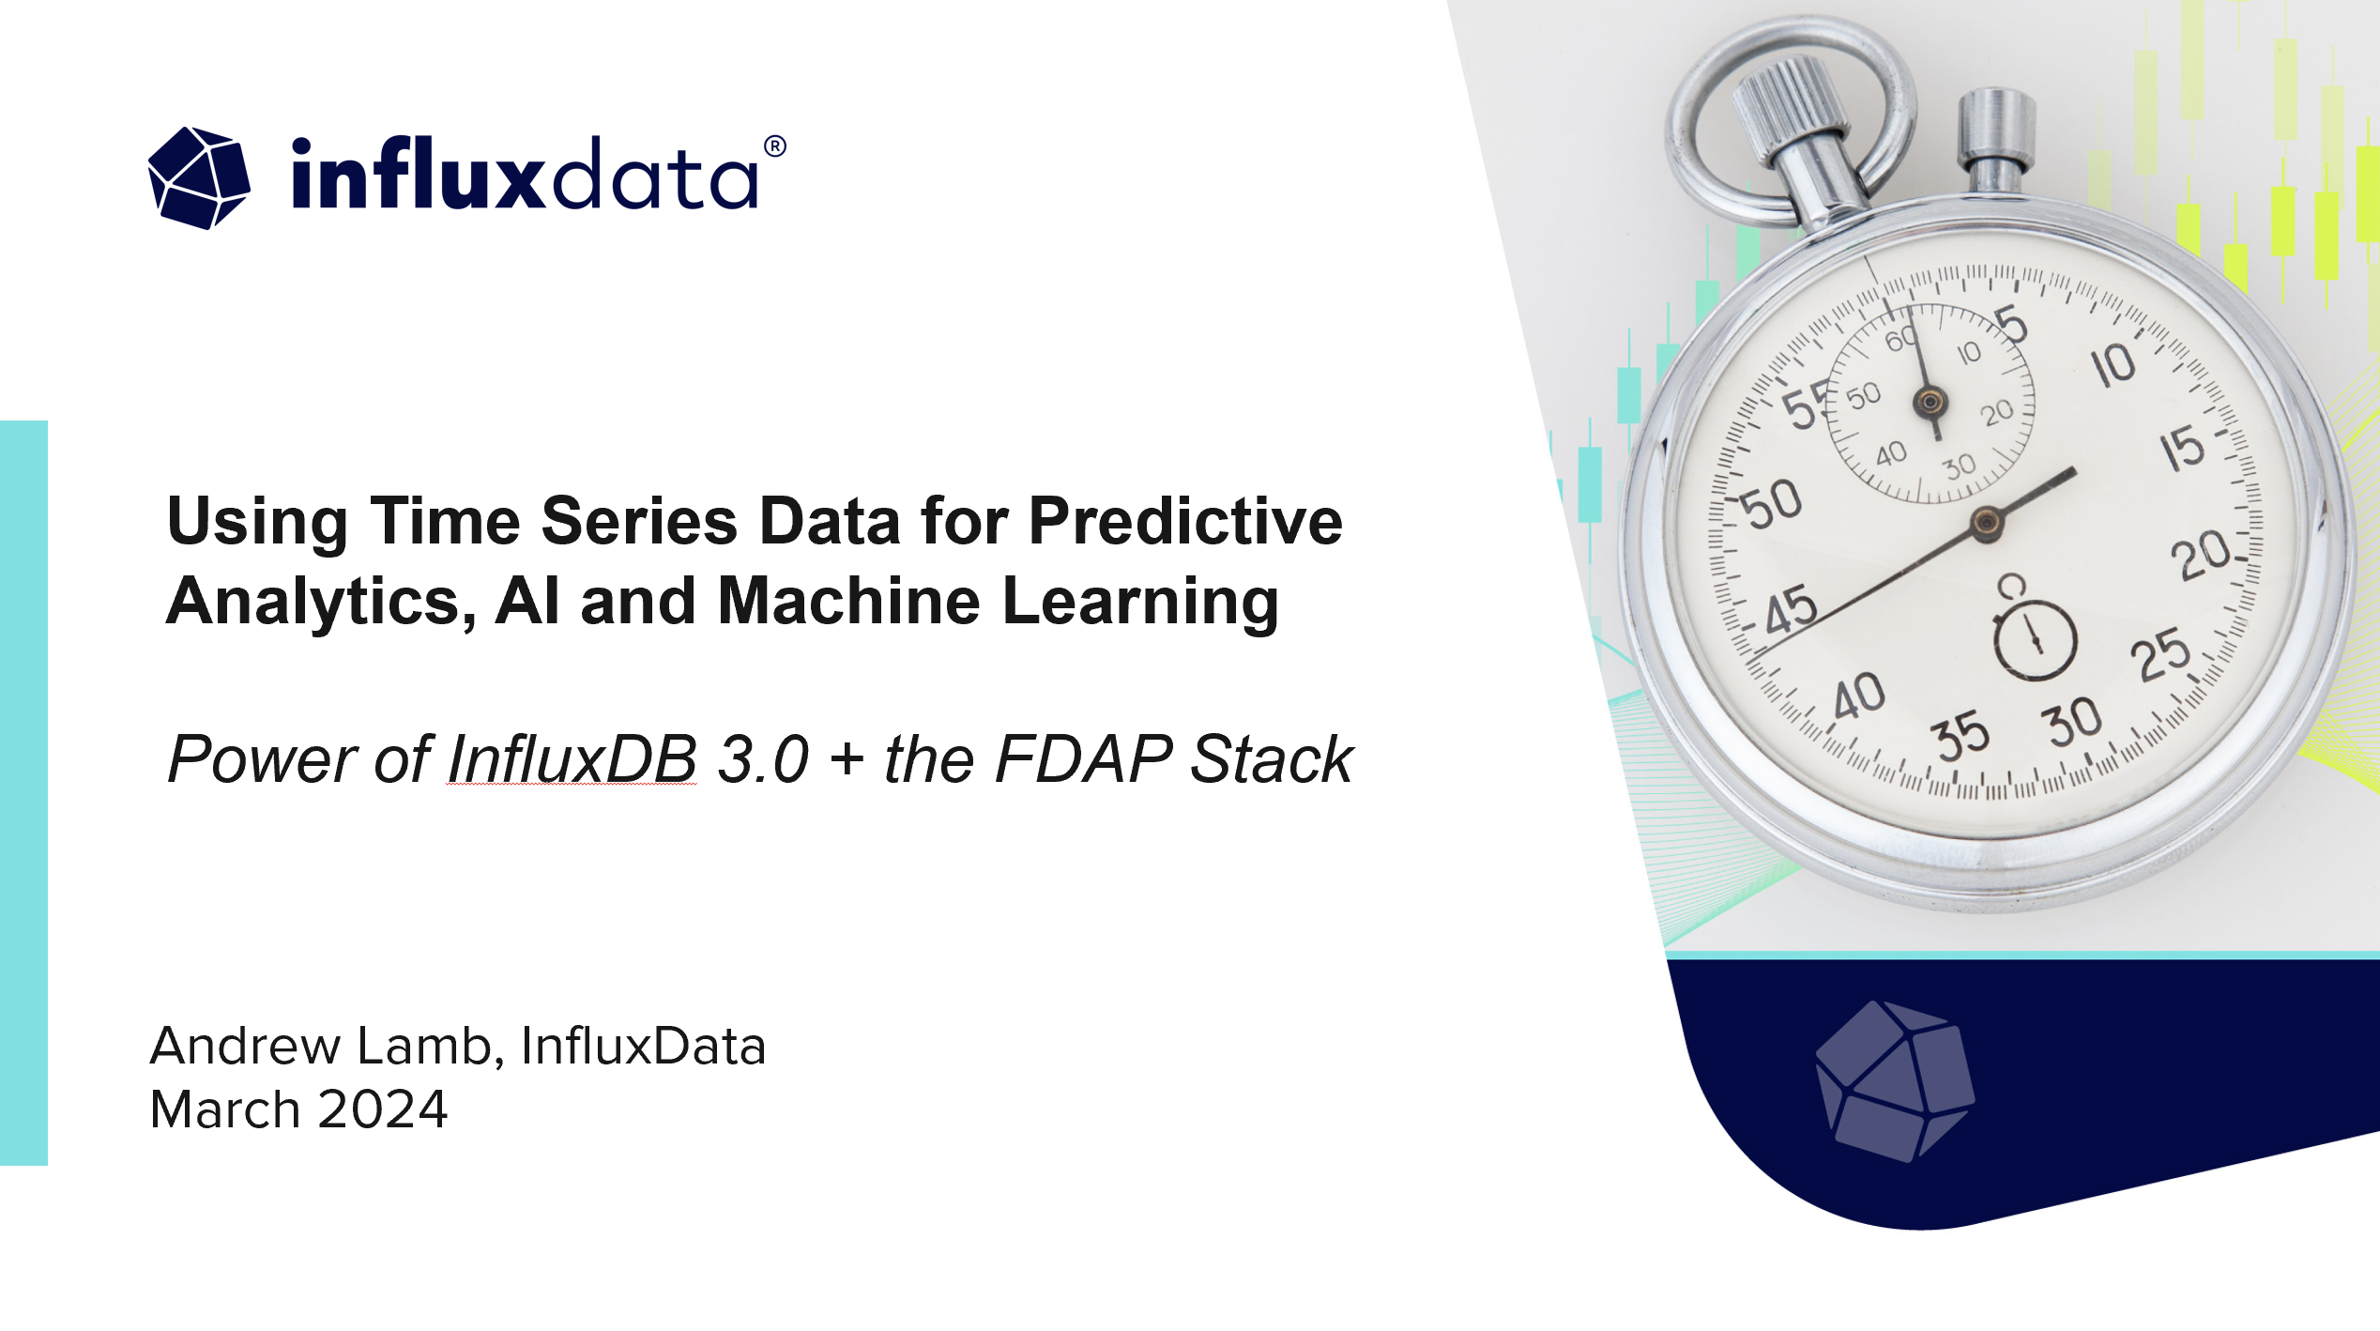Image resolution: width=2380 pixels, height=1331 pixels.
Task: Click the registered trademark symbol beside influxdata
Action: [774, 146]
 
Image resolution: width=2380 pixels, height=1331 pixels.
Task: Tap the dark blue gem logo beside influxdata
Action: [199, 177]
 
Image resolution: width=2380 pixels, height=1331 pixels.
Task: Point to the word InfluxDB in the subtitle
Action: [572, 758]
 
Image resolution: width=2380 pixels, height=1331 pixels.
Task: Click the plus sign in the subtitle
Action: [847, 759]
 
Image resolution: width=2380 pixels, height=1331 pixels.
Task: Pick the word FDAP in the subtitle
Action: [1083, 758]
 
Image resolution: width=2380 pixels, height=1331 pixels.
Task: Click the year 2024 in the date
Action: [383, 1109]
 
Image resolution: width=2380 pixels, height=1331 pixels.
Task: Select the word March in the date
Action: [225, 1109]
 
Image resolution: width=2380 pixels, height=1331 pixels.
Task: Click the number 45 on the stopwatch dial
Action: [1791, 611]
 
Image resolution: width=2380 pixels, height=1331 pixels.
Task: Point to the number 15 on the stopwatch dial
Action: [2182, 449]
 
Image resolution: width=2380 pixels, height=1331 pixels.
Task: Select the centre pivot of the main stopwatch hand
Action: [1986, 523]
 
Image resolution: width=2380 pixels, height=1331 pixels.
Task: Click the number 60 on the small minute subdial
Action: [1901, 338]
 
